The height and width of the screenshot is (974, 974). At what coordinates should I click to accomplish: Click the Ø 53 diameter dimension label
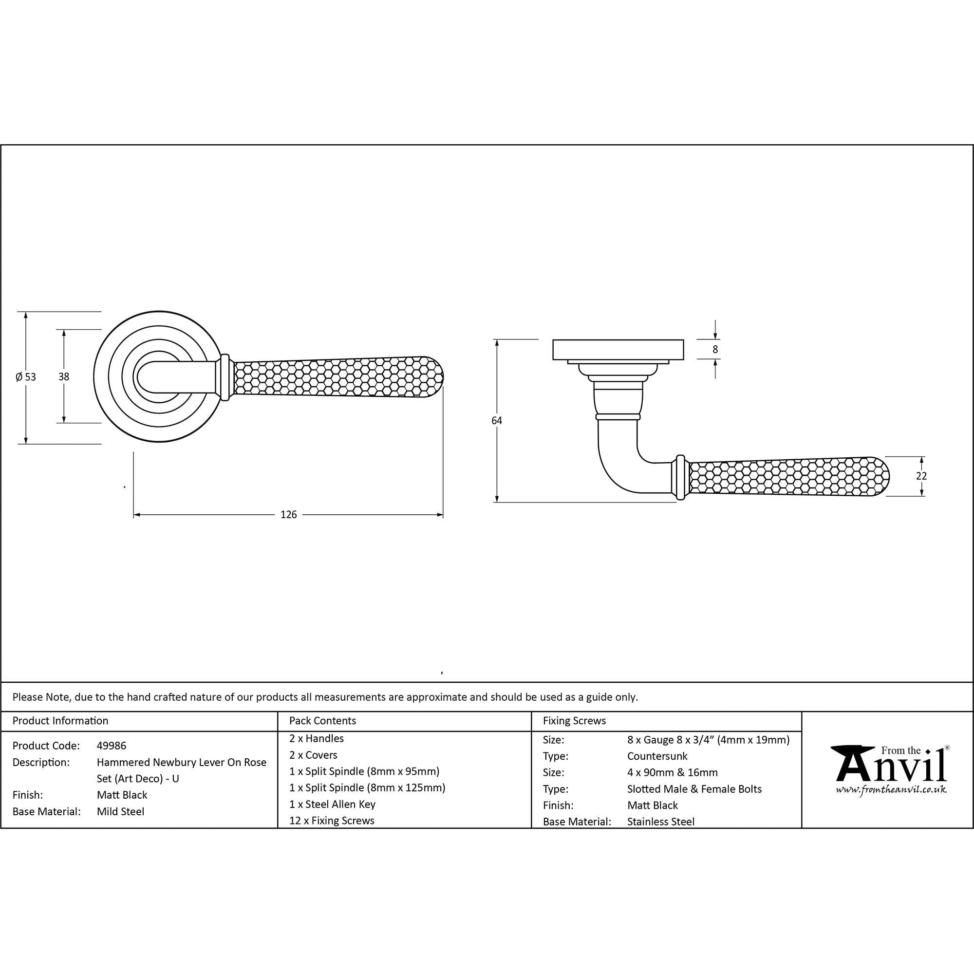coord(26,376)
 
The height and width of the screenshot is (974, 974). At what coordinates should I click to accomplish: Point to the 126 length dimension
coord(288,514)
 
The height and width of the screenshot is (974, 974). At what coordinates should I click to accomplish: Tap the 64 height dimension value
coord(497,420)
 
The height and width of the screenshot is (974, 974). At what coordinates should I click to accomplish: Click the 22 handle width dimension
coord(921,475)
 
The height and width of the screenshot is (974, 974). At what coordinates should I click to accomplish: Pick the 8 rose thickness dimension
coord(715,349)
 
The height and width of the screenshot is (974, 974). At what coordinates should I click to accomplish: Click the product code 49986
coord(112,746)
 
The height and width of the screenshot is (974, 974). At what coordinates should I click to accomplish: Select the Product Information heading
coord(60,721)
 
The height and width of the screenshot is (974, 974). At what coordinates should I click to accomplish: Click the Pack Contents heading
coord(323,721)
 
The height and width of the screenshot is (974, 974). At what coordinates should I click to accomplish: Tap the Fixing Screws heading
coord(574,721)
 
